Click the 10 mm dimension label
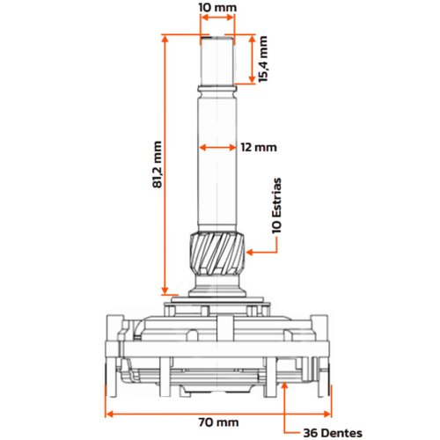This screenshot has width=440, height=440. click(x=217, y=7)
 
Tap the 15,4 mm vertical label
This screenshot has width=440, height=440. click(x=263, y=59)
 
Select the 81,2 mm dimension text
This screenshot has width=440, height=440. click(x=158, y=165)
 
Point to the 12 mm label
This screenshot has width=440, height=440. click(x=259, y=147)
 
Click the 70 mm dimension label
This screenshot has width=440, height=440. click(x=218, y=422)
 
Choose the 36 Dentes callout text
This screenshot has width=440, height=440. click(x=333, y=433)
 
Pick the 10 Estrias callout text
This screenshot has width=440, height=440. click(x=276, y=205)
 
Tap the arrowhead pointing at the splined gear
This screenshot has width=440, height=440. click(x=250, y=252)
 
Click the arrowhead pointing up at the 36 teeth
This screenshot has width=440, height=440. click(x=284, y=386)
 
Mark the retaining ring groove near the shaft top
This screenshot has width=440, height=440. click(x=217, y=89)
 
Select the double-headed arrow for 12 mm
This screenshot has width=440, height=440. click(x=217, y=147)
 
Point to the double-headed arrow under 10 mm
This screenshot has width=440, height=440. click(x=217, y=18)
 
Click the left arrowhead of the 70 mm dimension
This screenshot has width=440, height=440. click(x=110, y=414)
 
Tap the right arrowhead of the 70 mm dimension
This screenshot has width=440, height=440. click(x=326, y=414)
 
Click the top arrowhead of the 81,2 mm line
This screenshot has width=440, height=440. click(x=166, y=40)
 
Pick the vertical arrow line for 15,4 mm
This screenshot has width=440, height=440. click(x=252, y=59)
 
